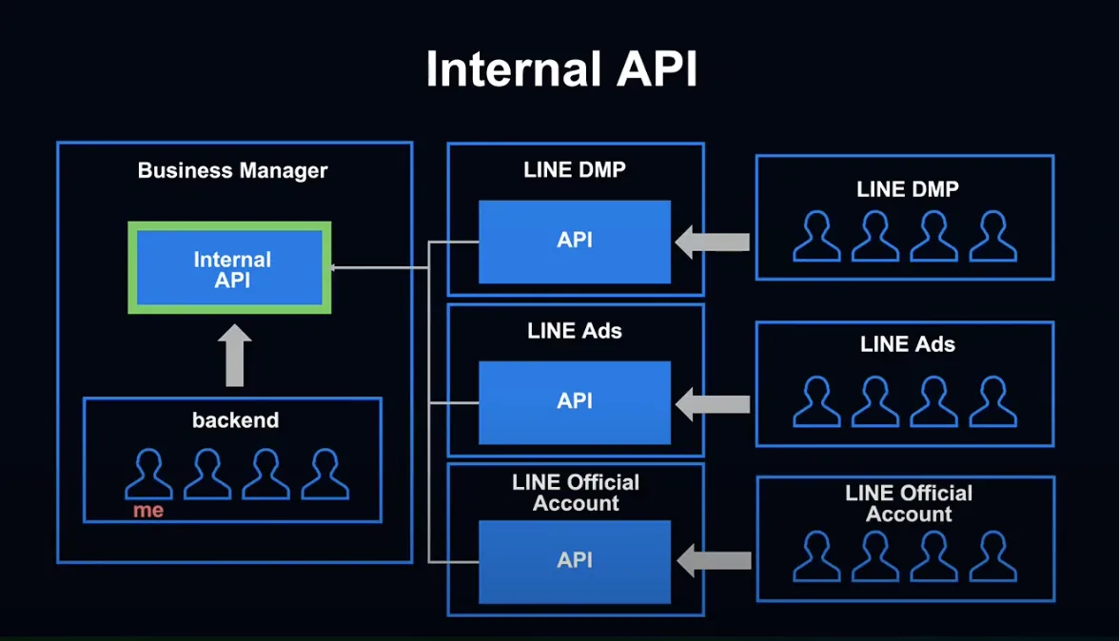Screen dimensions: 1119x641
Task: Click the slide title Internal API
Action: pyautogui.click(x=561, y=69)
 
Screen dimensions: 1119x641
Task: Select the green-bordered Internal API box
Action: pyautogui.click(x=230, y=268)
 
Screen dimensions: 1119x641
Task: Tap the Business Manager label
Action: pyautogui.click(x=232, y=170)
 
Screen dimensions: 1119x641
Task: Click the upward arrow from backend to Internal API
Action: pyautogui.click(x=234, y=355)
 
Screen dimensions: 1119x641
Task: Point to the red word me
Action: pyautogui.click(x=148, y=511)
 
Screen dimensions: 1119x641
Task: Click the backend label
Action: pyautogui.click(x=236, y=420)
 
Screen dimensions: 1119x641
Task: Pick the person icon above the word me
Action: pyautogui.click(x=148, y=474)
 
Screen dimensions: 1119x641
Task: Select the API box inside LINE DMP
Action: pyautogui.click(x=575, y=242)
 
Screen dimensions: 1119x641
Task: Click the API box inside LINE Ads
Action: pyautogui.click(x=575, y=403)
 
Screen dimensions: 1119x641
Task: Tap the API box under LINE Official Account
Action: pyautogui.click(x=575, y=562)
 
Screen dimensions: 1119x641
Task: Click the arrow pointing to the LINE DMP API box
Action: pyautogui.click(x=712, y=243)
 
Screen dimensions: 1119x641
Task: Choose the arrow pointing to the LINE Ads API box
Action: pyautogui.click(x=712, y=404)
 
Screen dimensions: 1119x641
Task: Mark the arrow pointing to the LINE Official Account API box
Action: pyautogui.click(x=714, y=561)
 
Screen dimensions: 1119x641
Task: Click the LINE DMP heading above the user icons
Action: pyautogui.click(x=908, y=189)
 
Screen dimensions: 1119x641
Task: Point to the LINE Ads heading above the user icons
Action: pyautogui.click(x=908, y=344)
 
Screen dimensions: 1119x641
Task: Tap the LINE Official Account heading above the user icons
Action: pyautogui.click(x=909, y=503)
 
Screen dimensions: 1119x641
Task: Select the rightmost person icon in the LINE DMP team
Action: pyautogui.click(x=992, y=236)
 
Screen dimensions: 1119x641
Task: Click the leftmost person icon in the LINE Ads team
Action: pyautogui.click(x=817, y=402)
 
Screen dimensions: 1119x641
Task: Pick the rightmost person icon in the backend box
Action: pyautogui.click(x=324, y=474)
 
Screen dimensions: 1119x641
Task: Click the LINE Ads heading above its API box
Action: pyautogui.click(x=575, y=331)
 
